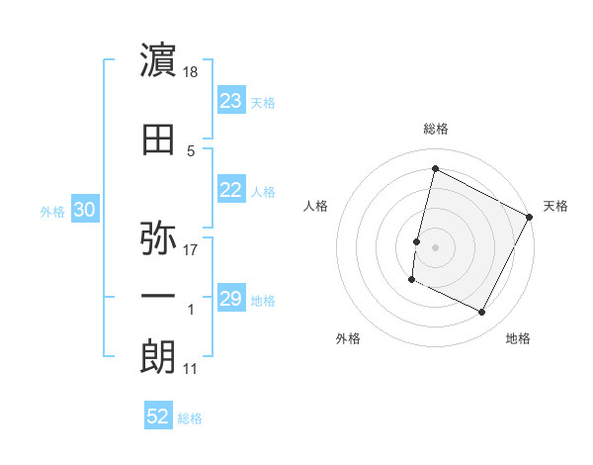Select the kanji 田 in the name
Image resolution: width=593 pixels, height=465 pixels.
click(x=159, y=141)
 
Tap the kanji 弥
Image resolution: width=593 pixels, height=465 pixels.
click(x=159, y=238)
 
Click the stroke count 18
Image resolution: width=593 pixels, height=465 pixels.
click(x=192, y=73)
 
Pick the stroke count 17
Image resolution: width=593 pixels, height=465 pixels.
click(x=192, y=249)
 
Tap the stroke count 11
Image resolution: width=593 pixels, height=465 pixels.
click(x=191, y=369)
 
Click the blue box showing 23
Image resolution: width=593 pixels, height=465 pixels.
click(x=231, y=101)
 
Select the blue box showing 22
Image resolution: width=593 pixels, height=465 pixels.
click(x=231, y=191)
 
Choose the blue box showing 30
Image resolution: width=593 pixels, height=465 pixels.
click(x=84, y=210)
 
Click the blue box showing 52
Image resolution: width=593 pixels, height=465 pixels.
click(x=158, y=417)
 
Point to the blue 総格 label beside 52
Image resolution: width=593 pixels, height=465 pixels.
click(x=190, y=418)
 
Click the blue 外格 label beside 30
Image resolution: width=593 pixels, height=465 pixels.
click(x=52, y=211)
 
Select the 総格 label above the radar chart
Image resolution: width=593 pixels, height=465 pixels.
click(x=436, y=129)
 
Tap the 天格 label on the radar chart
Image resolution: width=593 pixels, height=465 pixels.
click(x=555, y=206)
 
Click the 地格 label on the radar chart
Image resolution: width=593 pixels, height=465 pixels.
click(x=518, y=338)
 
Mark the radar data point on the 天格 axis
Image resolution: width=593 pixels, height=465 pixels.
click(x=530, y=217)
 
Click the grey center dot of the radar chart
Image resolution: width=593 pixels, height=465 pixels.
click(x=435, y=247)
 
